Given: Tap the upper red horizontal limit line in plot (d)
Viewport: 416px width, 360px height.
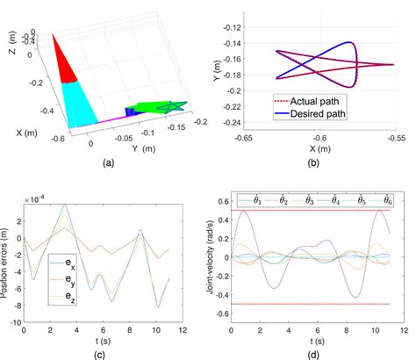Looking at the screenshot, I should pyautogui.click(x=316, y=211).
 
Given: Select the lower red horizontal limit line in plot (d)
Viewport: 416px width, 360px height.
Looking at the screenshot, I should pyautogui.click(x=316, y=304).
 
